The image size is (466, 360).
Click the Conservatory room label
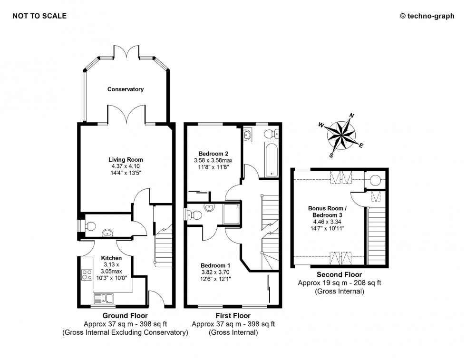pyautogui.click(x=125, y=89)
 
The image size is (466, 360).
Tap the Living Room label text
pyautogui.click(x=126, y=159)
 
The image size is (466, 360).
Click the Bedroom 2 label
pyautogui.click(x=214, y=154)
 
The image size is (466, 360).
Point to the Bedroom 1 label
pyautogui.click(x=215, y=265)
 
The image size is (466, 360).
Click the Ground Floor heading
pyautogui.click(x=126, y=315)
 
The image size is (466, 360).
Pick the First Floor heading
pyautogui.click(x=233, y=315)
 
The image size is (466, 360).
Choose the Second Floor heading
pyautogui.click(x=340, y=274)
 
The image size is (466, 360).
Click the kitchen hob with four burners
pyautogui.click(x=87, y=274)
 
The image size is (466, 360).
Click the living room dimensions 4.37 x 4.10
pyautogui.click(x=126, y=166)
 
